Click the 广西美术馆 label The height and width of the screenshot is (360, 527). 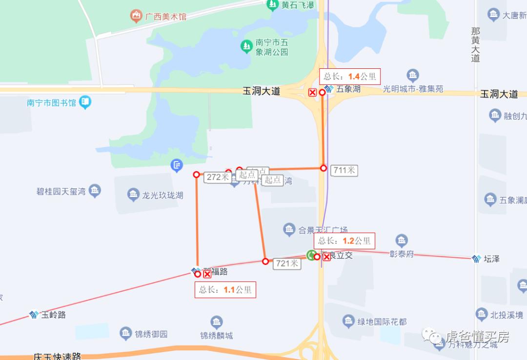coord(165,17)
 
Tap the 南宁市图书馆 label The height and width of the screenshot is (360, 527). coord(52,103)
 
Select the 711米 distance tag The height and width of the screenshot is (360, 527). coord(345,170)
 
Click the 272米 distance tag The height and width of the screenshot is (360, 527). coord(218,177)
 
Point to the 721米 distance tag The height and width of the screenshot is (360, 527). coord(287,263)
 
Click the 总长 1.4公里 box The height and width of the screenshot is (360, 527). coord(349,77)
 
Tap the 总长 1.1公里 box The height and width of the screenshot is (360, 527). coord(225,289)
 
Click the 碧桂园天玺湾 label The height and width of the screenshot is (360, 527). coord(61,191)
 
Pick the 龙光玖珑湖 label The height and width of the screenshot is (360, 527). coord(162,195)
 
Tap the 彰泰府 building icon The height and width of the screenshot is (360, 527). coord(402,240)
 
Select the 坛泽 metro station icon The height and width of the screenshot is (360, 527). coord(477,259)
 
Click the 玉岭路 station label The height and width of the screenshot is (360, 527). coord(53,315)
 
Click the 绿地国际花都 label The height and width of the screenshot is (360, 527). coord(382,321)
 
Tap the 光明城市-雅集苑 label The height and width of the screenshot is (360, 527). coord(413,89)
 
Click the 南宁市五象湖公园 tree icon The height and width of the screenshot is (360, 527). coord(246,46)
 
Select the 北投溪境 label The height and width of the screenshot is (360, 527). coord(507,315)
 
